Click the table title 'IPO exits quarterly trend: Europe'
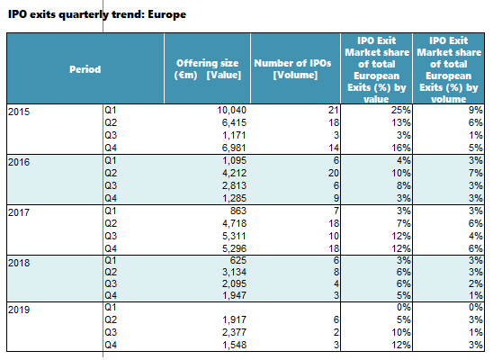97,14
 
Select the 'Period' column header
85,69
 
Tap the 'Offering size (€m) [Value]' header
208,69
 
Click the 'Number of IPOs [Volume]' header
292,69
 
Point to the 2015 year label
19,112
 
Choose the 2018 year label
19,263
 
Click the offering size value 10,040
232,110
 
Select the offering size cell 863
238,211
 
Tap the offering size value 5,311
234,236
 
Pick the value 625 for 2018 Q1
238,260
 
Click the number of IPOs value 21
333,110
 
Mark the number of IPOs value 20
333,173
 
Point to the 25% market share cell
401,110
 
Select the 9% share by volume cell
475,110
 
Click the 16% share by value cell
401,148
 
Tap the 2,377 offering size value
234,332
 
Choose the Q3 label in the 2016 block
111,185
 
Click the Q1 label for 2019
111,307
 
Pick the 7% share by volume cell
475,173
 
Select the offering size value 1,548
234,345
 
